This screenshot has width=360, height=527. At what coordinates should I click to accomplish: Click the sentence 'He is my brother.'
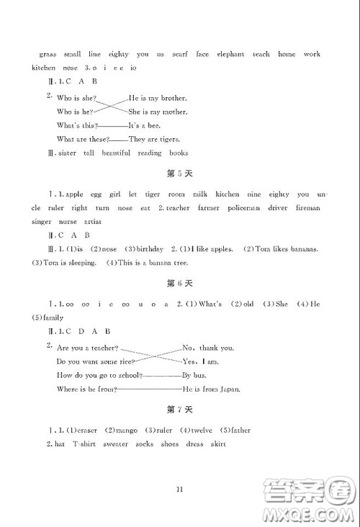[x=158, y=98]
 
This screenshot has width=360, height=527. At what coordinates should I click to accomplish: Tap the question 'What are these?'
[x=83, y=139]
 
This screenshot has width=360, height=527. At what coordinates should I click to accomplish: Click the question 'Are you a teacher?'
[x=87, y=348]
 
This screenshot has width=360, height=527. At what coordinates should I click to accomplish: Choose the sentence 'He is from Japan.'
[x=212, y=389]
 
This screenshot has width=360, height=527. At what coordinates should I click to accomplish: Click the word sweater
[x=115, y=444]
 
